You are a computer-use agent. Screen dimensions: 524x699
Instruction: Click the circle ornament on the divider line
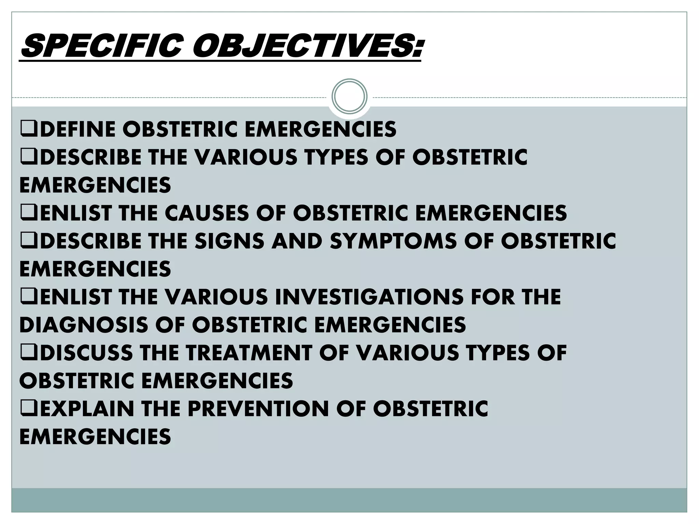349,96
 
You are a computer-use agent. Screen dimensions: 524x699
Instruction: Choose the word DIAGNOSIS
84,324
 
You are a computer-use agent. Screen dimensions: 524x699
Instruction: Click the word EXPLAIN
87,408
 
